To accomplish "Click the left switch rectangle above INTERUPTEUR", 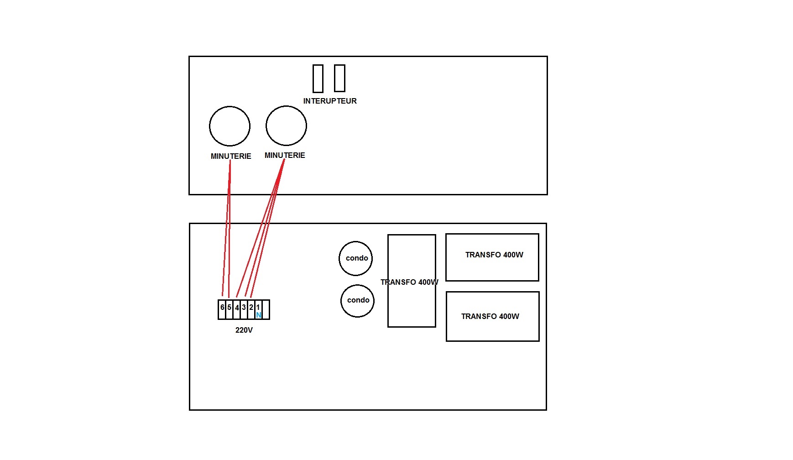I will coord(318,78).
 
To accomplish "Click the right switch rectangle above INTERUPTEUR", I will coord(339,78).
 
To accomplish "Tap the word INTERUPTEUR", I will coord(330,101).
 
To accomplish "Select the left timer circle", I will coord(230,126).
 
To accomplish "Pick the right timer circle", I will coord(286,126).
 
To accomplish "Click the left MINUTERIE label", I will coord(231,156).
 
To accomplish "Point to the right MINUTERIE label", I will coord(285,155).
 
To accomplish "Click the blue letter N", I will coord(259,315).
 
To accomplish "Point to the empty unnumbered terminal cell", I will coord(266,309).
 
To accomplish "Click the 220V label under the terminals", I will coord(244,330).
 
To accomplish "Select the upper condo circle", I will coord(356,258).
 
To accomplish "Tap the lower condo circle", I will coord(357,300).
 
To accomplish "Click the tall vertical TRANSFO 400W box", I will coord(412,301).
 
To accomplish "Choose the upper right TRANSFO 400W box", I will coord(492,257).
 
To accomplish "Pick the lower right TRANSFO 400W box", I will coord(492,316).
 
